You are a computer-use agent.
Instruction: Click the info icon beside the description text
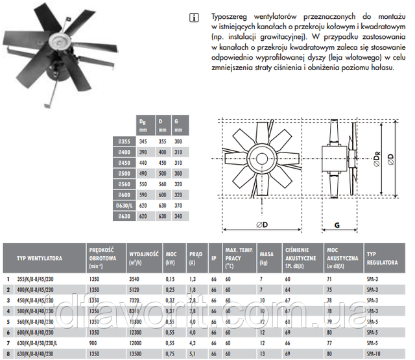[196, 17]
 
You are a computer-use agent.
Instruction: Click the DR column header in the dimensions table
[143, 123]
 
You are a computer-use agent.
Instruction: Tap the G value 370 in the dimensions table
[179, 206]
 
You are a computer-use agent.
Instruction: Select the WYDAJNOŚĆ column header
[143, 255]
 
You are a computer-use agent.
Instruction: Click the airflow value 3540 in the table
[136, 278]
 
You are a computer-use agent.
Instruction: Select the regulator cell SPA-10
[373, 354]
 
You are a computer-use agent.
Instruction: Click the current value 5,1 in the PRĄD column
[191, 354]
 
